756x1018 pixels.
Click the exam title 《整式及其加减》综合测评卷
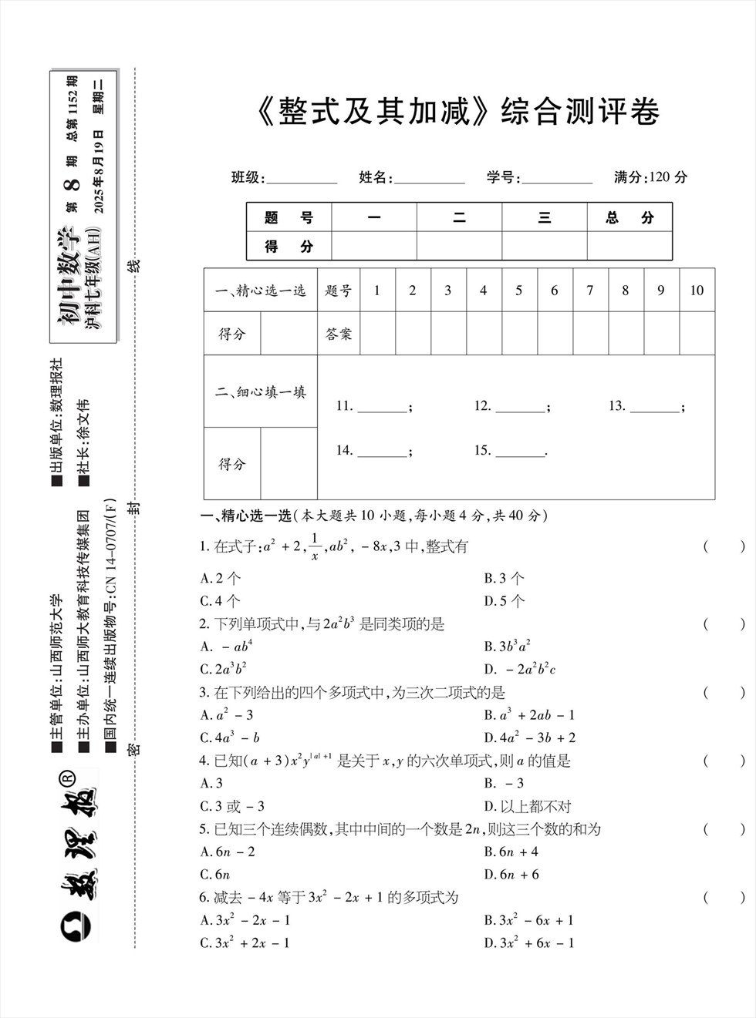tap(456, 113)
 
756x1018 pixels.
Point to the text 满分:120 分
tap(650, 177)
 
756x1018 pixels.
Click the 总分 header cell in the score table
tap(629, 218)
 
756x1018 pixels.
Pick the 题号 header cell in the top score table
tap(289, 218)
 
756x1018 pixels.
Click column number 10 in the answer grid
tap(697, 291)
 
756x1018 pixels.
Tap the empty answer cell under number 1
tap(377, 334)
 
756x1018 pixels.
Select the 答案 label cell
tap(339, 334)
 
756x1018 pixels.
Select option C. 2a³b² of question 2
tap(224, 669)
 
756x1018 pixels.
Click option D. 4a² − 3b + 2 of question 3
tap(530, 737)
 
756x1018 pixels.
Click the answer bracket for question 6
tap(724, 897)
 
